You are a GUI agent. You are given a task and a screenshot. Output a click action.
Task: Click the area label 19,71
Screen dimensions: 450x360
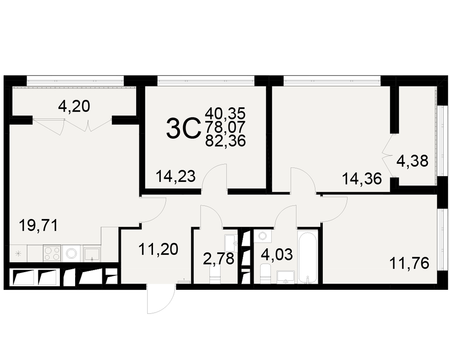(x=38, y=225)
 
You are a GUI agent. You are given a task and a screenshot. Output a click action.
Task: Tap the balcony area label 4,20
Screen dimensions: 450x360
(x=74, y=106)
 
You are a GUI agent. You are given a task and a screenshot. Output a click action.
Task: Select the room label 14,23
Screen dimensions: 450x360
(x=175, y=176)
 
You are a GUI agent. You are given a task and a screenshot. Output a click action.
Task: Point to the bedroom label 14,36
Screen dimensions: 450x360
(x=362, y=179)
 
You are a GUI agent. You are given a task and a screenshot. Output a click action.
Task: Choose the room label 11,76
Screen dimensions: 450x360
(x=409, y=263)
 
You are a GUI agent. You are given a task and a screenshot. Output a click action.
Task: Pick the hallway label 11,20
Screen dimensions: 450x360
(x=158, y=249)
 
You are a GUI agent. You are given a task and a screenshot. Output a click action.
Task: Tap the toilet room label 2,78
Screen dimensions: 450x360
(x=219, y=259)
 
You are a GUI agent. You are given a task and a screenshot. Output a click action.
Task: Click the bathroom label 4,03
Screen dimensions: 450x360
(x=277, y=255)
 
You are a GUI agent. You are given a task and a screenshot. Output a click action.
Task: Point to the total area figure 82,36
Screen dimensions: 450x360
(x=225, y=141)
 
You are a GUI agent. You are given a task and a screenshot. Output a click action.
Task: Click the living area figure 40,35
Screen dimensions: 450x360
(x=225, y=113)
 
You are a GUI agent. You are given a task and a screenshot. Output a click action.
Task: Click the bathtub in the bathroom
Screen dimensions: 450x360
(x=308, y=256)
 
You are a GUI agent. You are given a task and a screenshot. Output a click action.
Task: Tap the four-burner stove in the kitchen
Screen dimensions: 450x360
(x=52, y=253)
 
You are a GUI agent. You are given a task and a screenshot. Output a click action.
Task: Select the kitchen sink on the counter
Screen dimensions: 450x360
(x=92, y=254)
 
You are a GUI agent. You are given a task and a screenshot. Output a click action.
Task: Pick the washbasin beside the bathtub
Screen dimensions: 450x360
(x=285, y=277)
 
